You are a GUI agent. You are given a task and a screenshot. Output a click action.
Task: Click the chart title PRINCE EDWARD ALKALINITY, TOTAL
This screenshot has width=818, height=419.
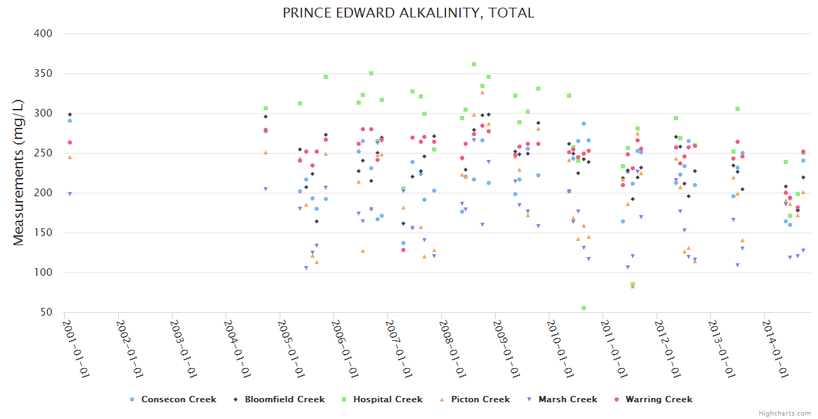click(408, 13)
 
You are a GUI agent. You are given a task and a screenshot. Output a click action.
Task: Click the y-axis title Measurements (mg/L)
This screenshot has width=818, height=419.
click(19, 172)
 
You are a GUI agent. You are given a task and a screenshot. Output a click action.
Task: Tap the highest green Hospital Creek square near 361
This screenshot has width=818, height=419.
click(474, 64)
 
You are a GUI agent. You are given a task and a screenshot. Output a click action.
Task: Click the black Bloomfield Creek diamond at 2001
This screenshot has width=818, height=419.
click(69, 114)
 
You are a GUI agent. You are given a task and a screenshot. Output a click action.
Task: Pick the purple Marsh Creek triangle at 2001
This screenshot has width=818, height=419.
click(69, 193)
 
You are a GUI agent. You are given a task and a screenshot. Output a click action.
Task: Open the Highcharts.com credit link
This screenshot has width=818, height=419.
click(784, 413)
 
